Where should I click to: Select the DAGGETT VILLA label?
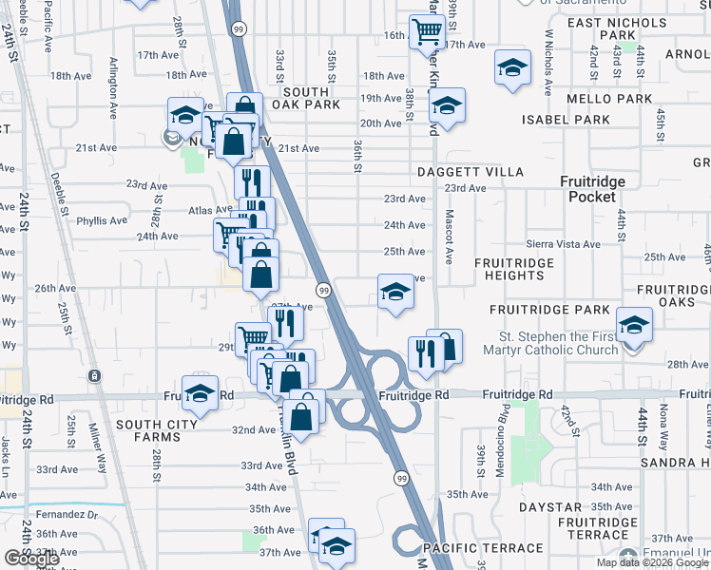tap(470, 172)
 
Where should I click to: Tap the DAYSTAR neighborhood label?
tap(543, 508)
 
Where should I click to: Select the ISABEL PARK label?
tap(566, 120)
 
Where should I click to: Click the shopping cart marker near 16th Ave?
tap(427, 31)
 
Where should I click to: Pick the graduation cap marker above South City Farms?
tap(200, 392)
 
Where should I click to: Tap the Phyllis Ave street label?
tap(102, 220)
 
